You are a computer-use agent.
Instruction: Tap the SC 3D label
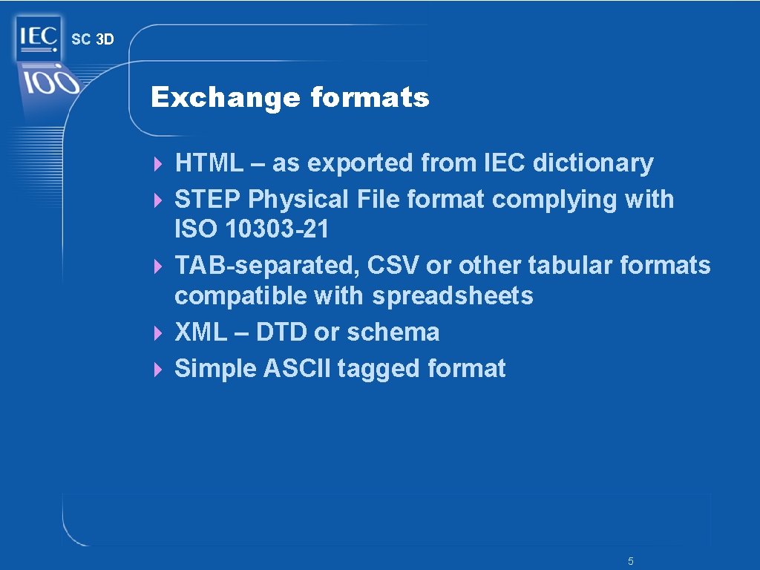pos(93,40)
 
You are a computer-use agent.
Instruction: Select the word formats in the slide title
pos(370,97)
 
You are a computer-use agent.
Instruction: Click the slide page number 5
pos(630,562)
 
